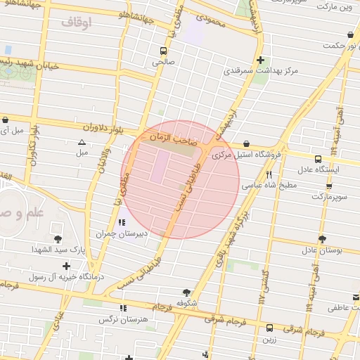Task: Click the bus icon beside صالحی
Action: pyautogui.click(x=163, y=51)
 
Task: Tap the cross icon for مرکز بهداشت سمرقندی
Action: pyautogui.click(x=260, y=60)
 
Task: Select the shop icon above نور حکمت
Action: pyautogui.click(x=350, y=35)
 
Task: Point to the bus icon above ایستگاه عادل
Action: pyautogui.click(x=319, y=159)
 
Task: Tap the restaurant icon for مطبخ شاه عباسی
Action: pyautogui.click(x=269, y=175)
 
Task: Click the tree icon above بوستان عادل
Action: pyautogui.click(x=322, y=239)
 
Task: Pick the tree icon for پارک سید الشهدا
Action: pyautogui.click(x=58, y=239)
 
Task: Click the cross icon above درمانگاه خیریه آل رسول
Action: pyautogui.click(x=67, y=266)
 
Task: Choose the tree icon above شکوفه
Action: pyautogui.click(x=186, y=292)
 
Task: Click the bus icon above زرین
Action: pyautogui.click(x=270, y=328)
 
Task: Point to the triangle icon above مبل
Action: pyautogui.click(x=82, y=142)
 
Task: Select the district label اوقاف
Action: pyautogui.click(x=77, y=22)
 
